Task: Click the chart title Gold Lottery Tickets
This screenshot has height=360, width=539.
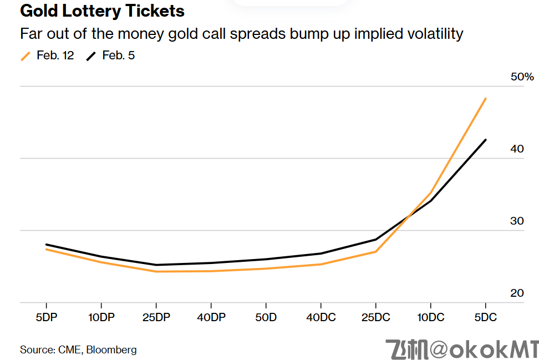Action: click(x=102, y=11)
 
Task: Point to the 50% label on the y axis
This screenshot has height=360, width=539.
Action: click(x=522, y=77)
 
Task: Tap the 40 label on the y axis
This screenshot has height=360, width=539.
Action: click(x=517, y=149)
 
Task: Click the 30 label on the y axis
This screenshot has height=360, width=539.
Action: click(x=517, y=221)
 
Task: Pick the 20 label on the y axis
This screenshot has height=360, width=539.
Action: click(x=517, y=293)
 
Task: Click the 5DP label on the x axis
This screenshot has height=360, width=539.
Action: click(x=46, y=318)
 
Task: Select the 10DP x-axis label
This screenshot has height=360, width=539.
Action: click(x=101, y=318)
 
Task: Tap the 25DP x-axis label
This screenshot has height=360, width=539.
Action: click(x=156, y=318)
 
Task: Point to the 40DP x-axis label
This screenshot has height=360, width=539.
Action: click(x=211, y=318)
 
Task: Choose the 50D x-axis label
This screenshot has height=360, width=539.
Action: click(x=266, y=318)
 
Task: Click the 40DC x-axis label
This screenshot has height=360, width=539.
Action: click(x=321, y=318)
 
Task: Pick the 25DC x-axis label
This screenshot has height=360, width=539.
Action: click(x=375, y=318)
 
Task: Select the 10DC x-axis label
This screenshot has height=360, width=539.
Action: click(x=430, y=318)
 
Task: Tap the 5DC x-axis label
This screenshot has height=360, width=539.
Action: click(x=485, y=318)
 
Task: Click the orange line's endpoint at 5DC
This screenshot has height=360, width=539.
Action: click(x=486, y=99)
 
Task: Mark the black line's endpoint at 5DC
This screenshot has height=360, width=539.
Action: click(x=486, y=140)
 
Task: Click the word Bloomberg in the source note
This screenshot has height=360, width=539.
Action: click(x=111, y=349)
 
